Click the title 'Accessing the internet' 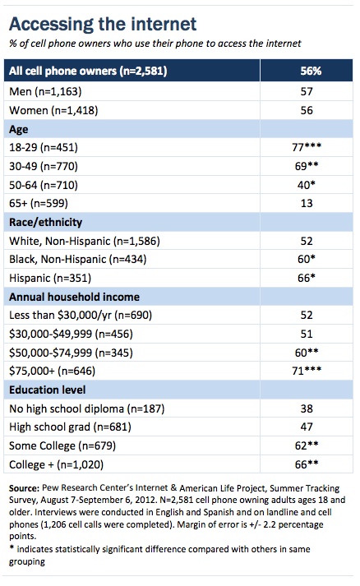click(103, 25)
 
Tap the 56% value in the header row click(311, 71)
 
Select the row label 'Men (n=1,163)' click(45, 91)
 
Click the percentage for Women click(307, 110)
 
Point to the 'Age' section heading click(19, 129)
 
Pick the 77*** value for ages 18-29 click(307, 147)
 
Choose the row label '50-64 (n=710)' click(44, 185)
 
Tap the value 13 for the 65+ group click(307, 203)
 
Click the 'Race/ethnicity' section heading click(45, 223)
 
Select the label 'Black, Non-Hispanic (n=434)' click(78, 260)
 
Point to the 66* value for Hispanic click(307, 278)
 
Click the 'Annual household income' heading click(75, 297)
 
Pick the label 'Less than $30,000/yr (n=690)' click(81, 315)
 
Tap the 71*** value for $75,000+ click(307, 371)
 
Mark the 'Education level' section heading click(48, 390)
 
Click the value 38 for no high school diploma click(307, 408)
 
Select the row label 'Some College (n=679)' click(62, 445)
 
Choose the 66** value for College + click(307, 464)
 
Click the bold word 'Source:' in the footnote click(24, 488)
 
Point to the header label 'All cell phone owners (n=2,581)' click(88, 71)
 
